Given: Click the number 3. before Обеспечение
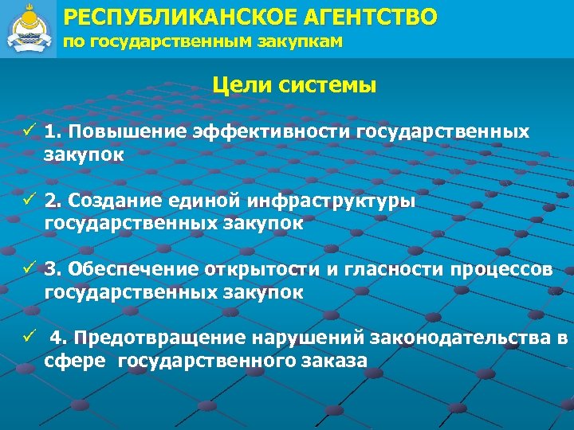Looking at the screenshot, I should coord(53,268).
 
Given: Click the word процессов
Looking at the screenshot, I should coord(502,268).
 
